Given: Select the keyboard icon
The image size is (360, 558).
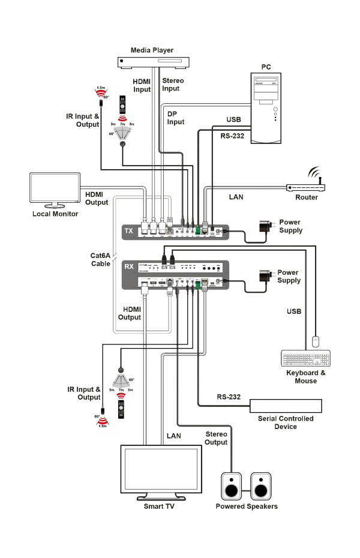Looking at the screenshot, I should point(305,359).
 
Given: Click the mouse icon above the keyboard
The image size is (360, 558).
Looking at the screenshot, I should point(316,342).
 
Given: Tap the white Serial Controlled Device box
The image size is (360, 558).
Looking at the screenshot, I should point(285,406).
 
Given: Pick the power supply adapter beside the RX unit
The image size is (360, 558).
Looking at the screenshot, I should point(265,276).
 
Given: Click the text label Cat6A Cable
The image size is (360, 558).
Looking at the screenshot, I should point(101,259).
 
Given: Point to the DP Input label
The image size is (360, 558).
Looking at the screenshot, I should point(176,118).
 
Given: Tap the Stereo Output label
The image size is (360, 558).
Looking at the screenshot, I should point(216,438).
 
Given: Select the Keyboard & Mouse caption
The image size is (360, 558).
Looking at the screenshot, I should point(306,377).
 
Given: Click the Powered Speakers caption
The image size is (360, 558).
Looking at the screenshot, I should point(247,506).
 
